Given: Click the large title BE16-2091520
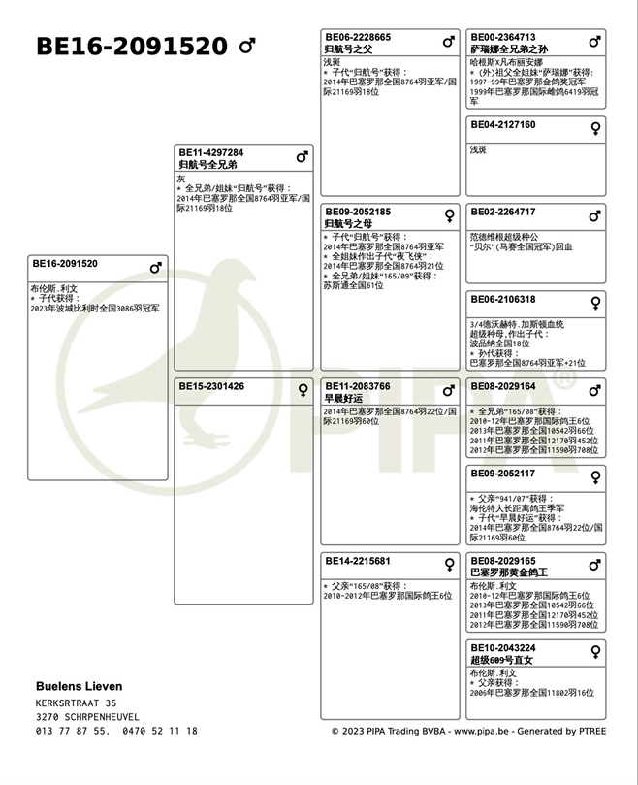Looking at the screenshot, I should click(x=131, y=47).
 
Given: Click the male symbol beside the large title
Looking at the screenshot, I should click(x=247, y=46).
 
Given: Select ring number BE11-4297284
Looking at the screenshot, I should click(x=210, y=152).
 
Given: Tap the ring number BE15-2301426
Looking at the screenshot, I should click(x=210, y=386).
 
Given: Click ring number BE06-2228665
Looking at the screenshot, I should click(x=358, y=37).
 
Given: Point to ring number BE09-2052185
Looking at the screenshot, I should click(x=358, y=212).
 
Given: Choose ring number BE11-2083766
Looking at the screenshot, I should click(x=358, y=386).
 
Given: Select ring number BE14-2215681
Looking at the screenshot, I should click(x=358, y=561).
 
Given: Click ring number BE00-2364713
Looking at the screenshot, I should click(x=503, y=37).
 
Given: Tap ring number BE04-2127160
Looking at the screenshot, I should click(x=503, y=124).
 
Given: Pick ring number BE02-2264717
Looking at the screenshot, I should click(x=503, y=212).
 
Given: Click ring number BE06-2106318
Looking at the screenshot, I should click(x=503, y=300).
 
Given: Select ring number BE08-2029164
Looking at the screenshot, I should click(x=503, y=386).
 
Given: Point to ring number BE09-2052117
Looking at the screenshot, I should click(x=503, y=474).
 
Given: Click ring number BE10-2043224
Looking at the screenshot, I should click(x=503, y=648).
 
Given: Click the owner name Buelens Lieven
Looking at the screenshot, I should click(x=80, y=686).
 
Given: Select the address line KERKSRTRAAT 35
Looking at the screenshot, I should click(x=77, y=703).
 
